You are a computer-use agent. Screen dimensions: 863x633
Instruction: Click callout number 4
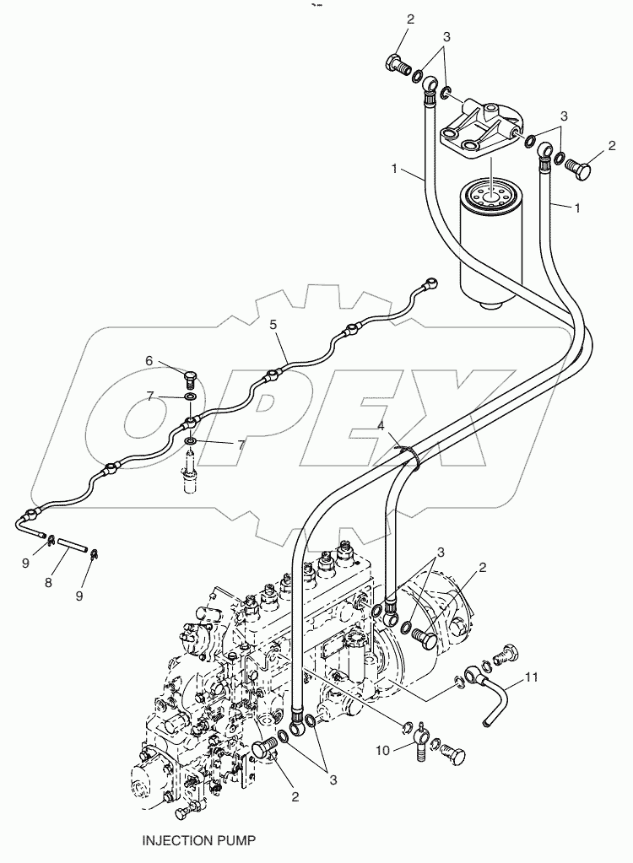pyautogui.click(x=381, y=427)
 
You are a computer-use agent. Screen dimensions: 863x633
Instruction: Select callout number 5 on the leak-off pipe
pyautogui.click(x=273, y=324)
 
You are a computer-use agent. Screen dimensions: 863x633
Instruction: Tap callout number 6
pyautogui.click(x=149, y=360)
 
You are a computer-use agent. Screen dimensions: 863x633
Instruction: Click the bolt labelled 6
pyautogui.click(x=191, y=376)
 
